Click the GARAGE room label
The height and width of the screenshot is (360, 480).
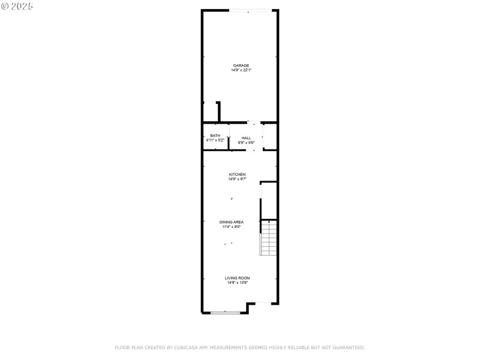241,65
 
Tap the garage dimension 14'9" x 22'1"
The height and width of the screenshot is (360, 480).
241,70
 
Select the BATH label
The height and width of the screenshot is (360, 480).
215,136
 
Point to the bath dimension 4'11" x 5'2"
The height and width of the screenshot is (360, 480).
215,140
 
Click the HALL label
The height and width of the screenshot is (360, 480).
247,138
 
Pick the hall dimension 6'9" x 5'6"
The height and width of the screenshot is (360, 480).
247,143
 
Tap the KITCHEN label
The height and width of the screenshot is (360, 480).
237,175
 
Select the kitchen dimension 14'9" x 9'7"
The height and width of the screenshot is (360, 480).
237,179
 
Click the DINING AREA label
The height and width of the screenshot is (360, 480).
231,222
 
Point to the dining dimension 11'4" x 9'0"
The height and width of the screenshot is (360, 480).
231,227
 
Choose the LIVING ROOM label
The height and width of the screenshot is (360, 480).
237,278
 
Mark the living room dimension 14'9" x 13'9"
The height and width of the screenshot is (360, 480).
237,283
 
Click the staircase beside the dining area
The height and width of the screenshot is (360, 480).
268,240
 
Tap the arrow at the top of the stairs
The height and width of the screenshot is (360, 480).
269,223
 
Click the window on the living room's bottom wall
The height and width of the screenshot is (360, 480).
226,312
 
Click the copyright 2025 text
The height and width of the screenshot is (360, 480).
17,6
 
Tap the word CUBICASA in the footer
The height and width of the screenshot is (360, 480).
185,347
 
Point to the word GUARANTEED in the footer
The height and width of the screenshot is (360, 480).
349,347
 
